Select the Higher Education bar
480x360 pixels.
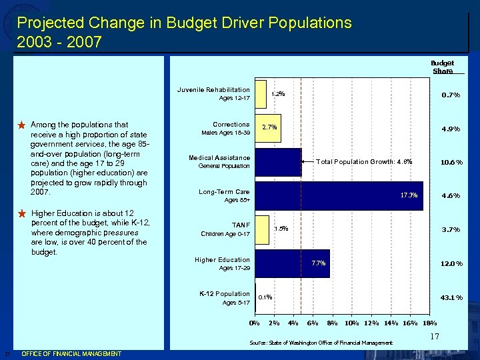click(x=292, y=263)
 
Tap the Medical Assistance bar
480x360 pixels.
click(x=278, y=161)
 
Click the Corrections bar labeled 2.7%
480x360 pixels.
click(x=268, y=127)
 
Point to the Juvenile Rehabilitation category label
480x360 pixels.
click(x=213, y=89)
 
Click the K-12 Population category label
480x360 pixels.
click(x=225, y=293)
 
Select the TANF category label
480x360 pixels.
click(x=240, y=225)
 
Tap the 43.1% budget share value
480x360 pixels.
click(x=450, y=297)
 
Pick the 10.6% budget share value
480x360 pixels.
click(x=450, y=162)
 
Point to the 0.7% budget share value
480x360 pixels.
click(x=451, y=95)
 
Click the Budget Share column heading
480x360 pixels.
click(x=442, y=67)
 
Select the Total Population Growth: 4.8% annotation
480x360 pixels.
click(x=364, y=161)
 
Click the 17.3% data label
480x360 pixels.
click(x=409, y=195)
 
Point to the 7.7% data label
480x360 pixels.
click(x=318, y=263)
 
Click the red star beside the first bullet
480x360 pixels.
click(x=21, y=125)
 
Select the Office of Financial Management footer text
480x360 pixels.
click(x=71, y=353)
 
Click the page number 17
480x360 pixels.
click(x=434, y=337)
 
